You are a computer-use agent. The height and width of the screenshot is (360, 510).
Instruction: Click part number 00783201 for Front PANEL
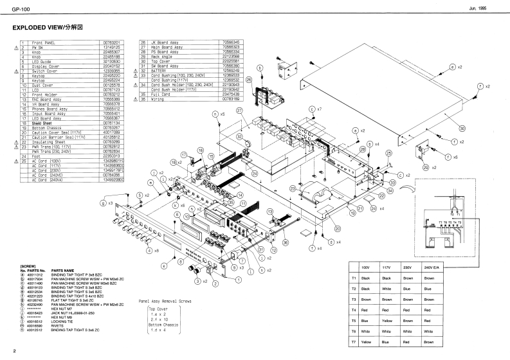(x=111, y=42)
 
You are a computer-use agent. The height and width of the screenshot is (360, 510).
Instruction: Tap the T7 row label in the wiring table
(x=354, y=343)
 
